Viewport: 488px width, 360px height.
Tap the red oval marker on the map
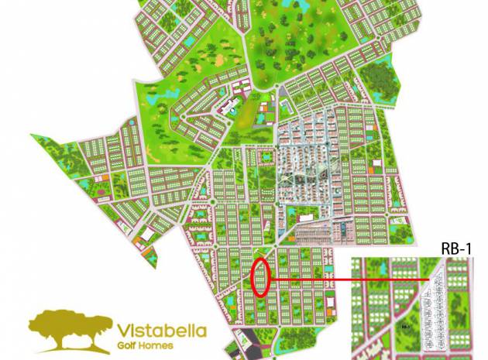click(261, 277)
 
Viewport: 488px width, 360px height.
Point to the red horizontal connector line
click(349, 279)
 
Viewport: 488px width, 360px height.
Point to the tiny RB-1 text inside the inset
click(404, 327)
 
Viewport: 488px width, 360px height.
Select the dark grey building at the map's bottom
click(245, 341)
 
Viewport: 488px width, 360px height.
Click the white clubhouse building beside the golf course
click(231, 106)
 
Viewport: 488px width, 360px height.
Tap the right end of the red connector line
click(428, 279)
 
